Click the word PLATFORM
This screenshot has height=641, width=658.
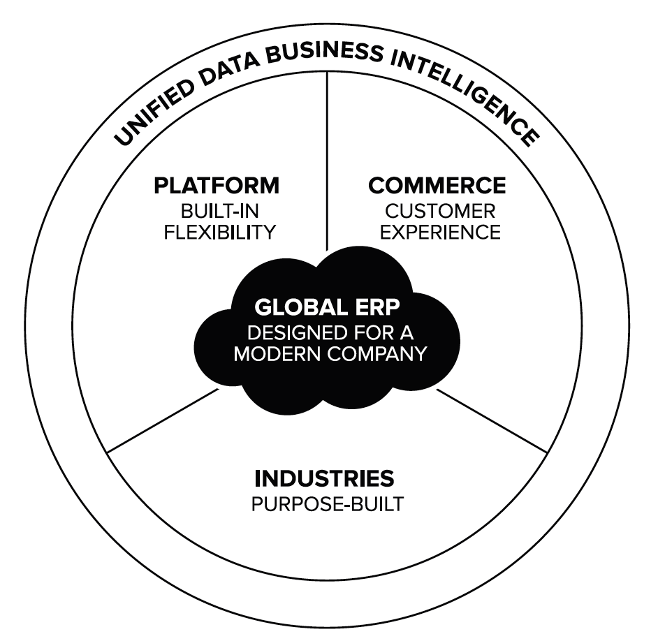217,186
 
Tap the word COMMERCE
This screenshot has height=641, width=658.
437,186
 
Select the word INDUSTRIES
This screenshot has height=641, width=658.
324,479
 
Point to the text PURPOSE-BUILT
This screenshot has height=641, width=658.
327,503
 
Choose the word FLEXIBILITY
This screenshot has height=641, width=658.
219,233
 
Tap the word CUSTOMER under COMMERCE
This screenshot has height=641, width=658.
441,210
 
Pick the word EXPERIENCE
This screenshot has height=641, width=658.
440,233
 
